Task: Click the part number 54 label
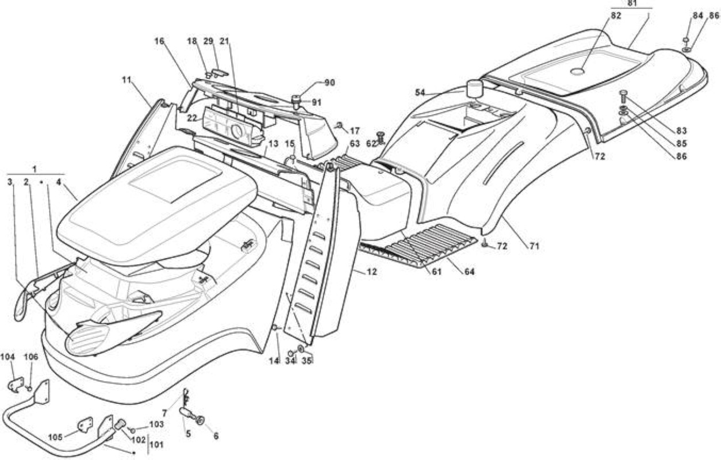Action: (x=420, y=93)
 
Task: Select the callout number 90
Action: (x=329, y=83)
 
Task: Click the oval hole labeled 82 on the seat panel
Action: (x=577, y=71)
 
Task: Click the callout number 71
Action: (x=534, y=246)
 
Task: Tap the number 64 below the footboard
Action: (x=469, y=272)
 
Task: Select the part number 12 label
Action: (x=372, y=272)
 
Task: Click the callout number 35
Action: (x=306, y=361)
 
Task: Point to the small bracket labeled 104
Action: (x=16, y=385)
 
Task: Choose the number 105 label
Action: (x=55, y=437)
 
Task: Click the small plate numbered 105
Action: (x=85, y=425)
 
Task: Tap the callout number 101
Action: (x=157, y=445)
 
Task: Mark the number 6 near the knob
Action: (x=216, y=436)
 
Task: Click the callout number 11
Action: (x=127, y=79)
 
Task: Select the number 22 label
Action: (x=192, y=118)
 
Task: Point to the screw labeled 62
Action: (x=381, y=137)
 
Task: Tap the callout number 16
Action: (x=159, y=41)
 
